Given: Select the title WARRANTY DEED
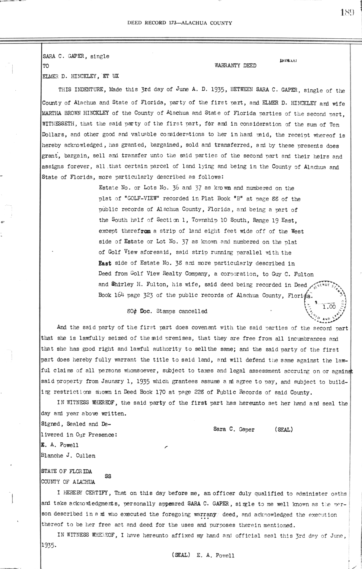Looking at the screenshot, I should point(235,66).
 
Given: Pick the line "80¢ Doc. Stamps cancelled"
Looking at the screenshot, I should point(167,311).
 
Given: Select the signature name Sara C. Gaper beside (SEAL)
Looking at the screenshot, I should point(233,429).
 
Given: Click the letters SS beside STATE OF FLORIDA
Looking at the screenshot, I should point(108,476).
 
